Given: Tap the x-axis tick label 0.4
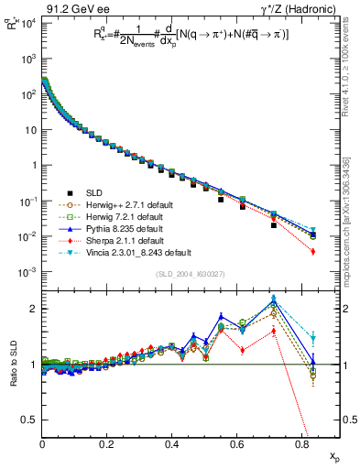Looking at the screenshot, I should [171, 445].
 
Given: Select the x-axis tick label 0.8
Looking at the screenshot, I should [301, 445].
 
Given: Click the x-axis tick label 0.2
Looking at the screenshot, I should [107, 445].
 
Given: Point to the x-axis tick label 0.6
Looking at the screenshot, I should [236, 445].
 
